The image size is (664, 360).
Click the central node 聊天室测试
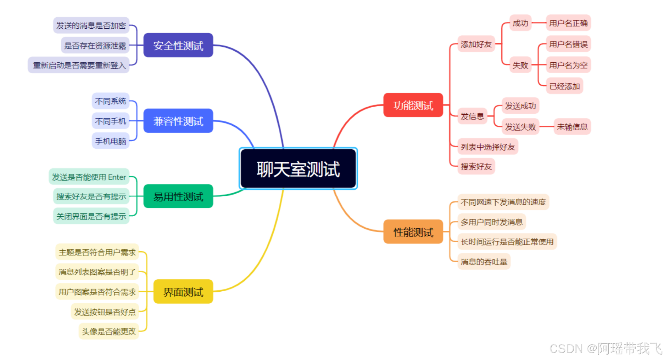[298, 169]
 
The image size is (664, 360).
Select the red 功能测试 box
[413, 105]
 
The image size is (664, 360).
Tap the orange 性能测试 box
[413, 232]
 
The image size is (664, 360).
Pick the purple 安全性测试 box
[178, 45]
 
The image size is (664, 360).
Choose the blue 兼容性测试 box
[178, 121]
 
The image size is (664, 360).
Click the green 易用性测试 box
[178, 196]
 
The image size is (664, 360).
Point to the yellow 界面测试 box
[183, 292]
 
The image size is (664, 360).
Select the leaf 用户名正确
[568, 23]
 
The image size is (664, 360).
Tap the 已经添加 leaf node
[564, 86]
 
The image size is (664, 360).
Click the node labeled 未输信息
[572, 127]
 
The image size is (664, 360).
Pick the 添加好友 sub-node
[476, 44]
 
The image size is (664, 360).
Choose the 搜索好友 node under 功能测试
[476, 166]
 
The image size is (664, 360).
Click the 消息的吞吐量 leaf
[484, 262]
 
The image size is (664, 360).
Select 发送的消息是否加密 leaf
[91, 25]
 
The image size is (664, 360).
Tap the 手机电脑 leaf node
[111, 141]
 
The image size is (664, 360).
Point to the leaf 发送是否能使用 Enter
[89, 177]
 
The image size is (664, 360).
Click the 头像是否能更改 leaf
[108, 331]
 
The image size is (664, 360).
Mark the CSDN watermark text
[606, 348]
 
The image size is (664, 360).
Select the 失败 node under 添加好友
[520, 65]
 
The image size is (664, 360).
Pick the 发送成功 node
[520, 106]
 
